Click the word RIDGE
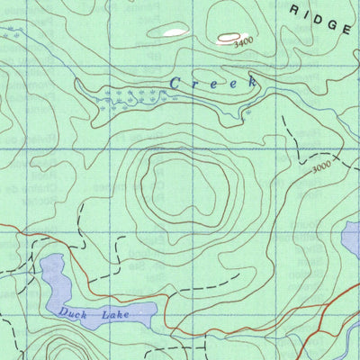(x=321, y=18)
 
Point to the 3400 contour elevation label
(x=241, y=42)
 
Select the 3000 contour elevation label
(x=321, y=168)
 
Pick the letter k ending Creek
(x=251, y=83)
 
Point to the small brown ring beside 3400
(x=222, y=39)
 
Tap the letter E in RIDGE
(x=346, y=28)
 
